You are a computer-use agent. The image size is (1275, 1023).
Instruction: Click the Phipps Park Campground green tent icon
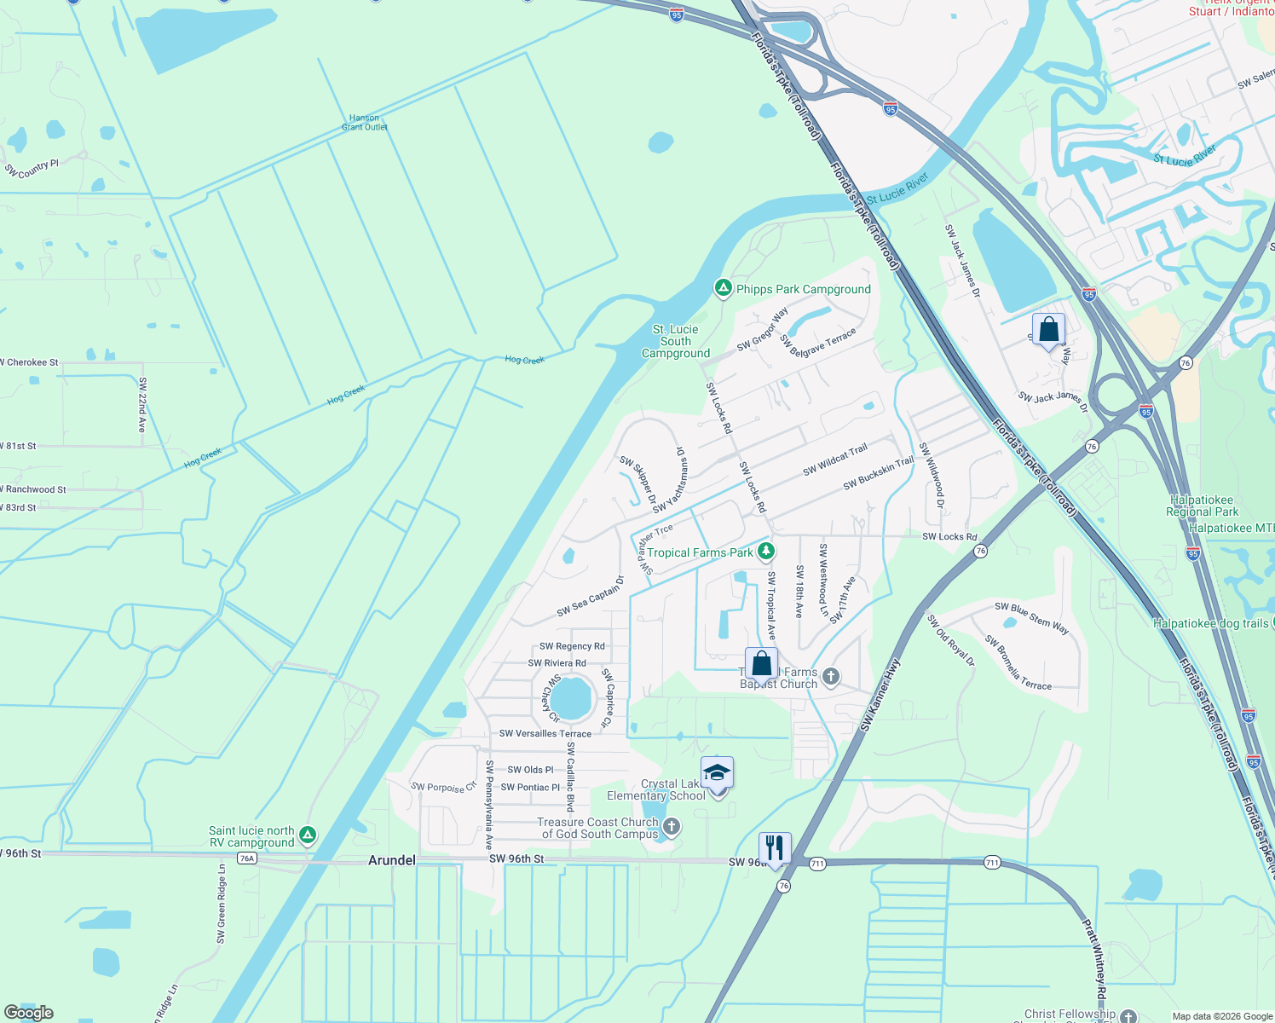723,289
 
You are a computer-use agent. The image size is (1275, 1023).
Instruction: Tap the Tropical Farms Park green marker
766,552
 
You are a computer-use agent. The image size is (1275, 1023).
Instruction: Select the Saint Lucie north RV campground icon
308,836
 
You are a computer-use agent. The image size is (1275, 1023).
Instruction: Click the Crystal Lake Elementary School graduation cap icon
717,773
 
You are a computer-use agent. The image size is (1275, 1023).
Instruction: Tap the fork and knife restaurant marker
774,847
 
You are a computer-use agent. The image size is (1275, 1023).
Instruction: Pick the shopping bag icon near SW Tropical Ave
761,663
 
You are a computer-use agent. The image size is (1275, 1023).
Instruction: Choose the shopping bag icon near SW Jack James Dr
1048,329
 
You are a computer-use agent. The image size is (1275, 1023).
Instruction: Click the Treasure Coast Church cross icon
672,826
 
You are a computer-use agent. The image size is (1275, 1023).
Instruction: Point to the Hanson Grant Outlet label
365,123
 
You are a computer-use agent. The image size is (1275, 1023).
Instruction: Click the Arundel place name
392,860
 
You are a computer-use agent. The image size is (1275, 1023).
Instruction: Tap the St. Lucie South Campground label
676,341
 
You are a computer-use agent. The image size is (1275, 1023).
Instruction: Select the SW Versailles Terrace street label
545,733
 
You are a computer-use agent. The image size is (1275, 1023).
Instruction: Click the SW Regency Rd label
572,646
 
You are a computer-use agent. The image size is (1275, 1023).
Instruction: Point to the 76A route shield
247,858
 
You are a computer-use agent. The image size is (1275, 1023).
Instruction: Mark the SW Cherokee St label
31,362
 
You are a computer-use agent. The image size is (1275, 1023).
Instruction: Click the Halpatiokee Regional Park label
1202,506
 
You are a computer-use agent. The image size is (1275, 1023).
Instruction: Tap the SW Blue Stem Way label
1031,617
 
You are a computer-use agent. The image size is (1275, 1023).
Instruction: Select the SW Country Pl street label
32,168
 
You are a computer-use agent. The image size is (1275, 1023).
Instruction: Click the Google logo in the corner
29,1013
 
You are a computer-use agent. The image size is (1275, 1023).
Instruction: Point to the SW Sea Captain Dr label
591,596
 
